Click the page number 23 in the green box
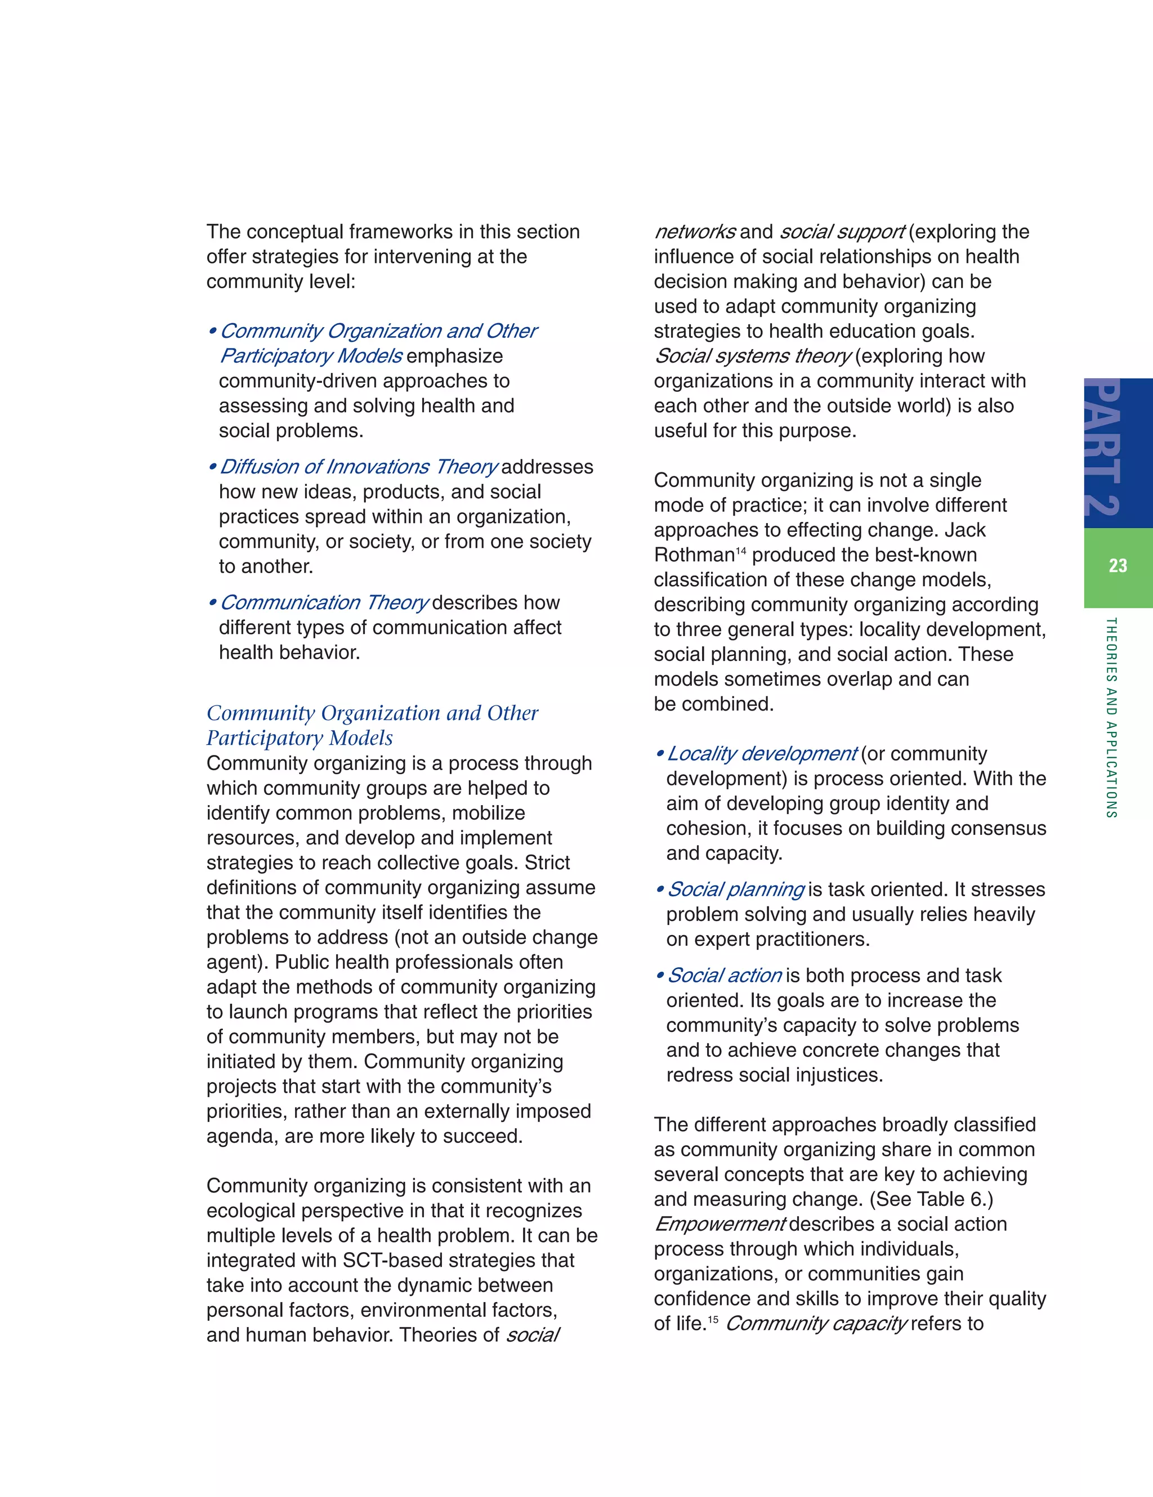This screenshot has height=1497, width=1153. pyautogui.click(x=1118, y=565)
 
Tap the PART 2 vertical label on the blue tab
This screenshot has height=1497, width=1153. pyautogui.click(x=1103, y=449)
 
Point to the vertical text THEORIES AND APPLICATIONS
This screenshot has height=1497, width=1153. pyautogui.click(x=1111, y=718)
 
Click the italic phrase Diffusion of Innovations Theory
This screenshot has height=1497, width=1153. pyautogui.click(x=359, y=467)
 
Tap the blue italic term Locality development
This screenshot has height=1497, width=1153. pyautogui.click(x=762, y=754)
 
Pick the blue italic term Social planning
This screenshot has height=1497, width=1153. pyautogui.click(x=735, y=890)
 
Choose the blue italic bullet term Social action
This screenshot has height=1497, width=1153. pyautogui.click(x=725, y=975)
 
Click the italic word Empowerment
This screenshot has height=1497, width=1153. pyautogui.click(x=719, y=1224)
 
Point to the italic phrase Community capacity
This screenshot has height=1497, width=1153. pyautogui.click(x=816, y=1324)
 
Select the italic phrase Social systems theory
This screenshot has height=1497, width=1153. pyautogui.click(x=753, y=356)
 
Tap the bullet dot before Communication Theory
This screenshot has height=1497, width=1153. pyautogui.click(x=212, y=603)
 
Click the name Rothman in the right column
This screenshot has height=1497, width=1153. pyautogui.click(x=694, y=555)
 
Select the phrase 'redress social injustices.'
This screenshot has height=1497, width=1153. pyautogui.click(x=775, y=1075)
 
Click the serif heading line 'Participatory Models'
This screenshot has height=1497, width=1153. pyautogui.click(x=300, y=738)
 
